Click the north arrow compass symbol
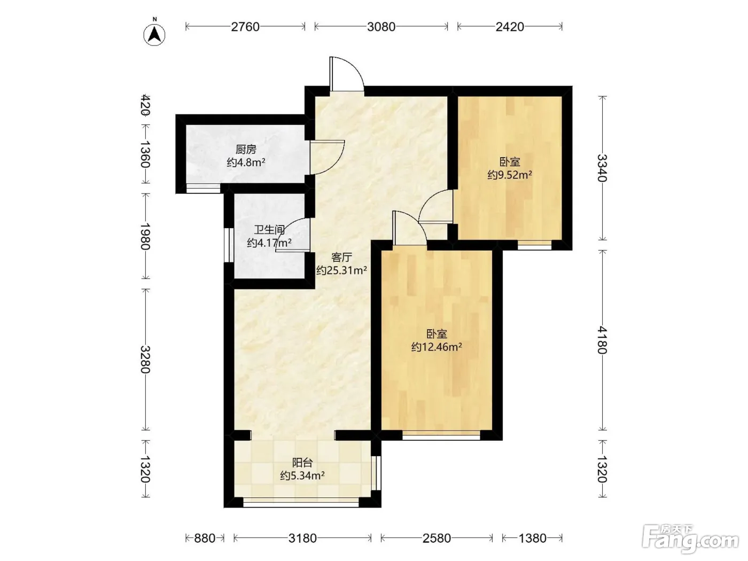(154, 35)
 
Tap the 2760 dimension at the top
(245, 27)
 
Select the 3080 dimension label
(381, 27)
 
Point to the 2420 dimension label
(510, 27)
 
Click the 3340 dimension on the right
(602, 168)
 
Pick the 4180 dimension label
(602, 340)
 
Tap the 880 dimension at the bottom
(205, 538)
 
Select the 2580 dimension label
(437, 538)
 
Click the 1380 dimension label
(532, 538)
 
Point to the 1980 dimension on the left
(145, 236)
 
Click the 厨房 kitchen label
(246, 149)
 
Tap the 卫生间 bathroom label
(269, 230)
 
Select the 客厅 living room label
(341, 257)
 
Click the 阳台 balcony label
(302, 463)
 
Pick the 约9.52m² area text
(510, 175)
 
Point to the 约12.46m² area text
(437, 347)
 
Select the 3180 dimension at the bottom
(302, 538)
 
